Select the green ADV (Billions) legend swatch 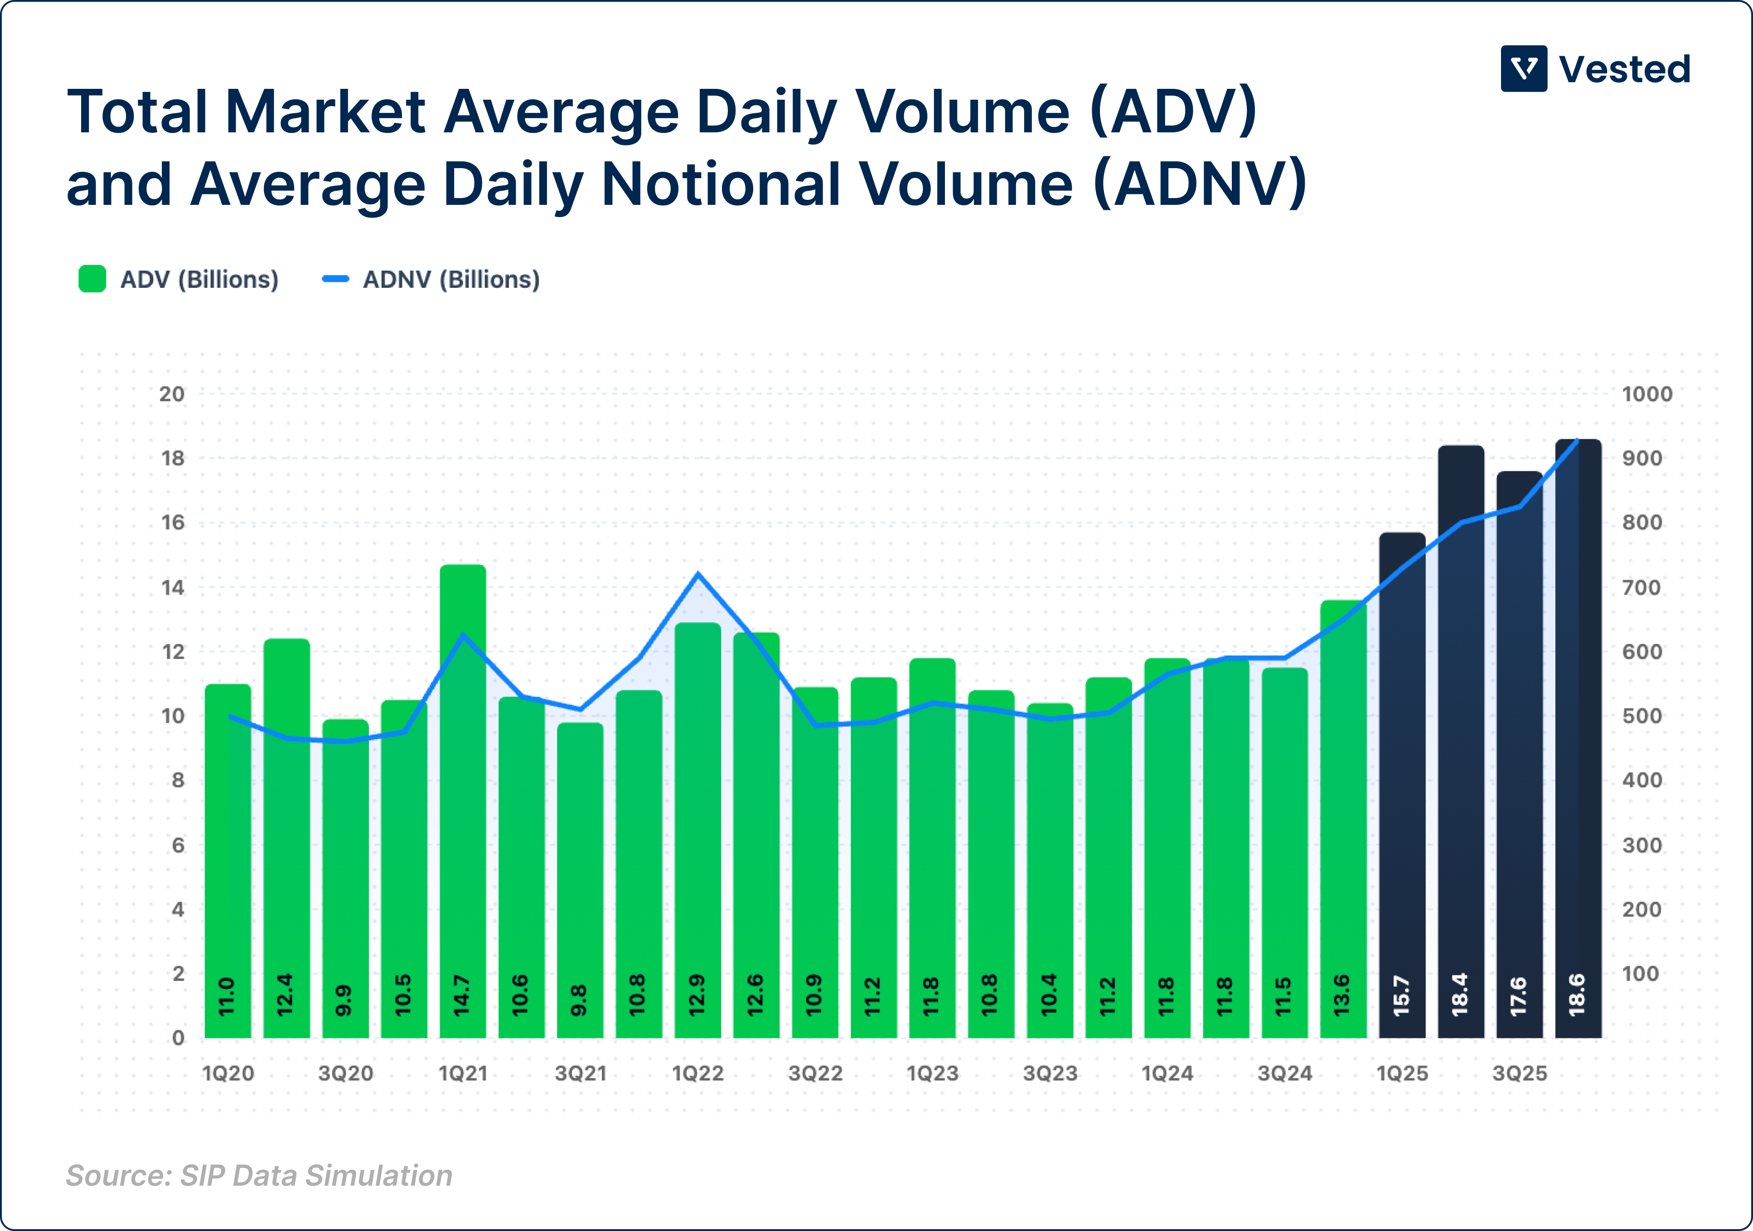pos(92,279)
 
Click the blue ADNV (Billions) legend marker pos(335,279)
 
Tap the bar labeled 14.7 pos(463,802)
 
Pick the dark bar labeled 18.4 pos(1461,741)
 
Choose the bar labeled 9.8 pos(580,878)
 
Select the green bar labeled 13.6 pos(1343,817)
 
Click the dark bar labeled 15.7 pos(1402,786)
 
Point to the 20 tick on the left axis pos(172,394)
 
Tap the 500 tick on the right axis pos(1642,716)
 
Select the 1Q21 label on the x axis pos(463,1074)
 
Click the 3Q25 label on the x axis pos(1519,1074)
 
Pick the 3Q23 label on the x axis pos(1050,1074)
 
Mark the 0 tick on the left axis pos(178,1038)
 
